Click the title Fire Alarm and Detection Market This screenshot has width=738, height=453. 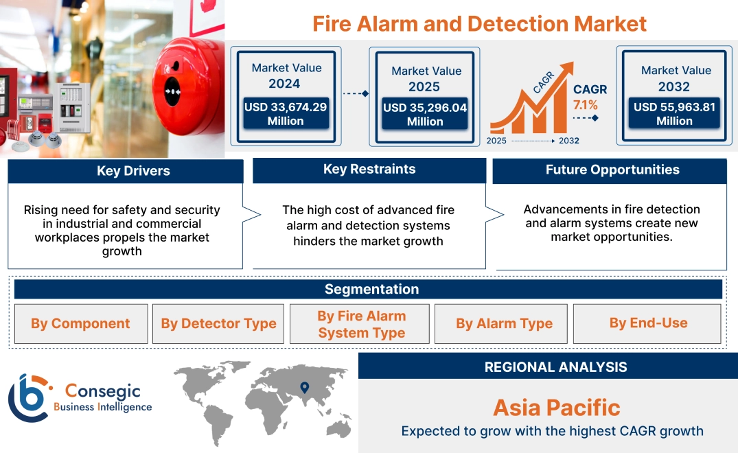coord(479,23)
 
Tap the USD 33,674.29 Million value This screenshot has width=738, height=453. coord(285,114)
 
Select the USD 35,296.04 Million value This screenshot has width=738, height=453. coord(424,115)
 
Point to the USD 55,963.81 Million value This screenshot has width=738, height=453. coord(674,114)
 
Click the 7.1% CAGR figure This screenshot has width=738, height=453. coord(586,105)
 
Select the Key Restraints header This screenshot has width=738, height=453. coord(369,170)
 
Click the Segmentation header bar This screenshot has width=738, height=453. coord(371,289)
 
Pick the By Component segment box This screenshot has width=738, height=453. coord(80,323)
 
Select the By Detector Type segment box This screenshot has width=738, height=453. coord(218,323)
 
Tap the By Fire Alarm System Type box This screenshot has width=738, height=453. coord(361,324)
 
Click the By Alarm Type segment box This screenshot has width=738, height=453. coord(504,323)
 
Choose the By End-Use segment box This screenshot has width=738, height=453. coord(648,323)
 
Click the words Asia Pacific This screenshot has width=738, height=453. coord(556,408)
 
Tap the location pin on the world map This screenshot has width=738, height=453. coord(305,389)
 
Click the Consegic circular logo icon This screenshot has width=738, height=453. coord(28,397)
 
